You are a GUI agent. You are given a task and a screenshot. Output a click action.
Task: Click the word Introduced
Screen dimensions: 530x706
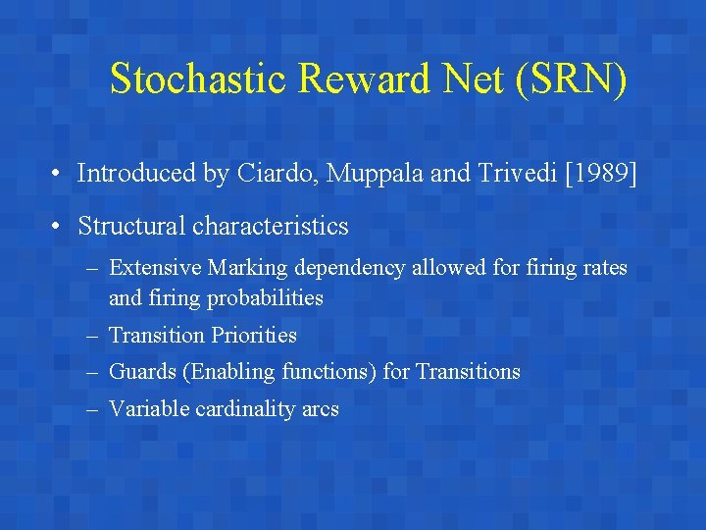pos(136,174)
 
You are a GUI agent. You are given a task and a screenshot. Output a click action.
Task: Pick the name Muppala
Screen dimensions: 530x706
pos(369,174)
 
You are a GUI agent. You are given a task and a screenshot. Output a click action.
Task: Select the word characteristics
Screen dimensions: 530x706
pos(271,226)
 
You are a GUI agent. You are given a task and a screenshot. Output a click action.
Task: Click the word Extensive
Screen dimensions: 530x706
pos(151,267)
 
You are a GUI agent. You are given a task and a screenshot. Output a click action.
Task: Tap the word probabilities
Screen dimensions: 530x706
pos(264,296)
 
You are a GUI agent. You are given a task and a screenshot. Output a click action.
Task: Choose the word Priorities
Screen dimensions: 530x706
pos(253,335)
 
